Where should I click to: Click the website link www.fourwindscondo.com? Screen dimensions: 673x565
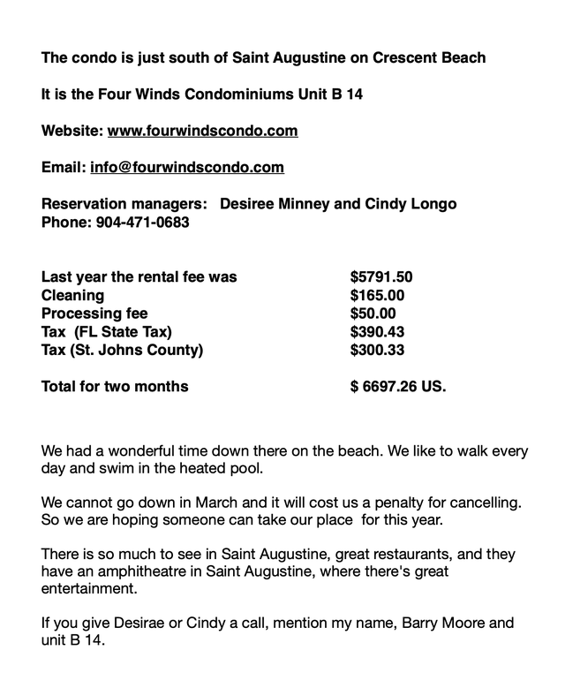click(x=202, y=131)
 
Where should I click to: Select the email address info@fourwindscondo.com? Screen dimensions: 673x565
click(x=187, y=167)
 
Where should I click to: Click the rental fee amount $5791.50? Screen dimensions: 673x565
click(x=381, y=277)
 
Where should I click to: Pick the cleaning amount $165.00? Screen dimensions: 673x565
click(x=377, y=295)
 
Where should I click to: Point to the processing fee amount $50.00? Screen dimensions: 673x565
click(x=373, y=314)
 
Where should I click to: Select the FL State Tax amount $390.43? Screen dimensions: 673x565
click(x=377, y=331)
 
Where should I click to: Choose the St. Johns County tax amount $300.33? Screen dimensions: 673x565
click(x=377, y=350)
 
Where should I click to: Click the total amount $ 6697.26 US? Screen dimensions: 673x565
click(x=398, y=386)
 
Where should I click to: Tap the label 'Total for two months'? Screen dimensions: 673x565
click(x=115, y=386)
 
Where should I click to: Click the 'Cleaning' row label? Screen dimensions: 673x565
click(x=72, y=295)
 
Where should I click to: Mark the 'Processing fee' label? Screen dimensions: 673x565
click(x=94, y=314)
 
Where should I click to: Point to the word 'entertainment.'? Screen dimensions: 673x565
click(x=90, y=588)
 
